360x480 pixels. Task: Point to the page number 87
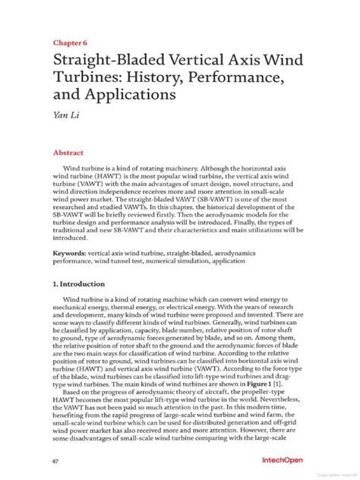(55, 460)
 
